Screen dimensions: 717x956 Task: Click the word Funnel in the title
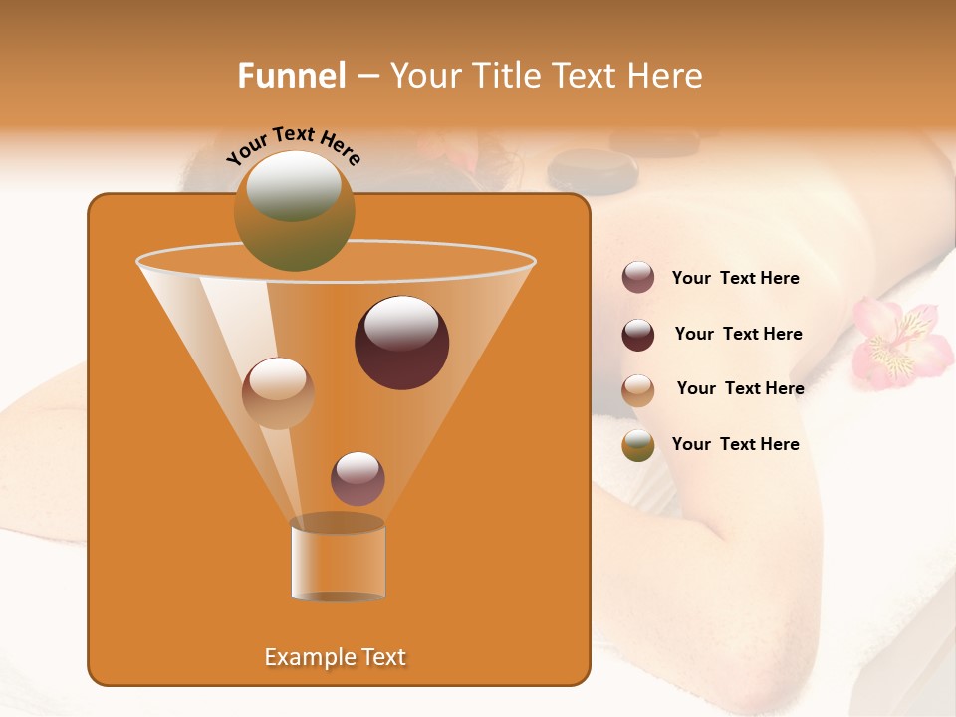(291, 76)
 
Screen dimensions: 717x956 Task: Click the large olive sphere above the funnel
(295, 211)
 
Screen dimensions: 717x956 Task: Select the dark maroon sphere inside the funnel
(402, 343)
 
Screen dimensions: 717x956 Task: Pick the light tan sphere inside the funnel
(278, 393)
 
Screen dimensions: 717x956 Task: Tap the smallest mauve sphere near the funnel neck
(358, 479)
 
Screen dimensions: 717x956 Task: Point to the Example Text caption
(336, 657)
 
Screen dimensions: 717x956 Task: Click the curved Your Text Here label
(293, 145)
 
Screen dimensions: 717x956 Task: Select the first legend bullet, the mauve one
(638, 278)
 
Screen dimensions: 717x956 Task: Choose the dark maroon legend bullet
(638, 335)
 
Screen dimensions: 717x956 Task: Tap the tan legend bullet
(638, 390)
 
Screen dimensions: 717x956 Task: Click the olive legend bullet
(638, 445)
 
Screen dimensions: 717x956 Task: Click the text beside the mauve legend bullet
(735, 279)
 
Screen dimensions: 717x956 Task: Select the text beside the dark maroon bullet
(738, 335)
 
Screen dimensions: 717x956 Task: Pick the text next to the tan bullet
(740, 389)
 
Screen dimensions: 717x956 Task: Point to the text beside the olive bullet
(735, 445)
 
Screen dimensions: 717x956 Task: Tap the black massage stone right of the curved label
(592, 170)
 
